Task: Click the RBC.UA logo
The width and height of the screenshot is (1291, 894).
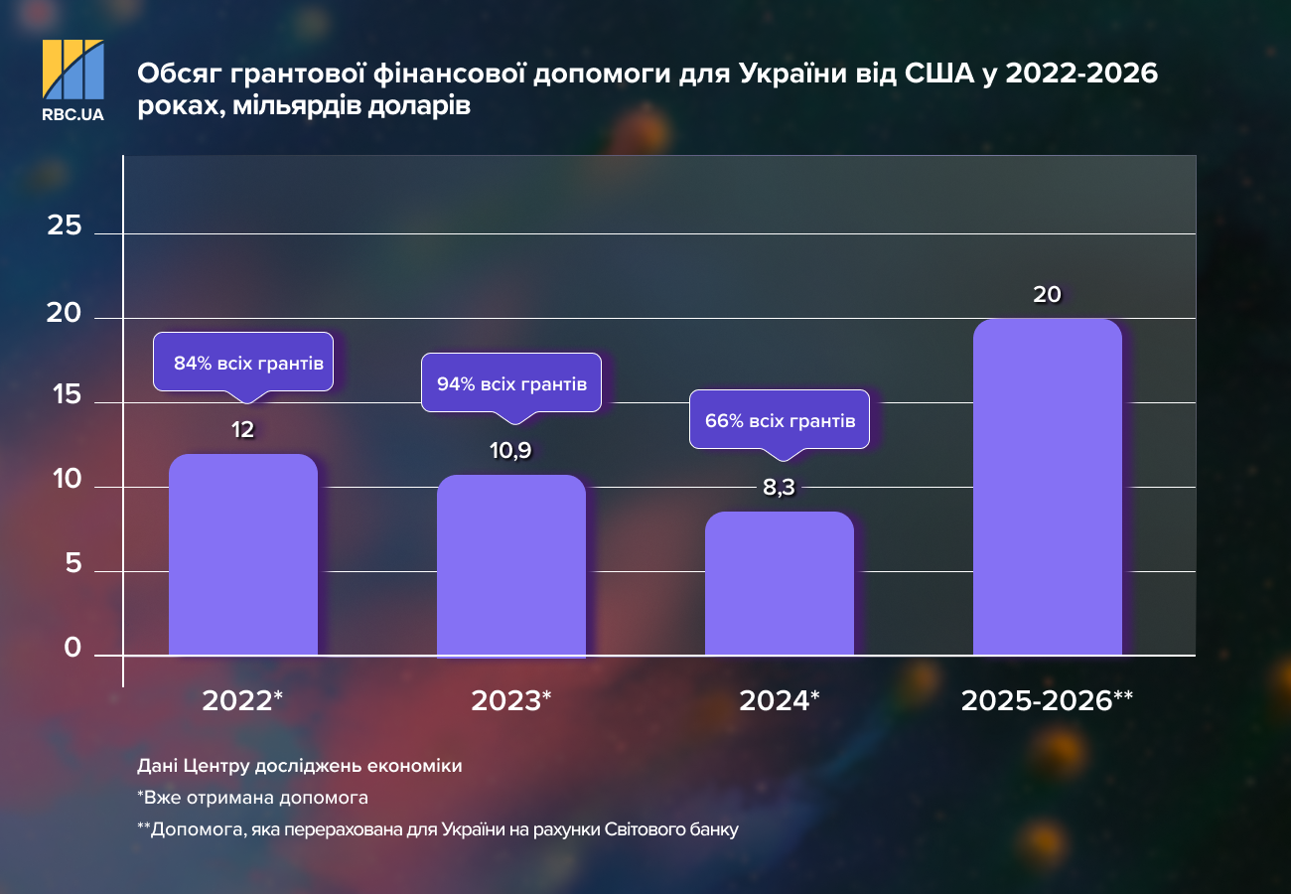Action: click(x=72, y=80)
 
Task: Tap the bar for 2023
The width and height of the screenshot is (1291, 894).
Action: click(x=511, y=565)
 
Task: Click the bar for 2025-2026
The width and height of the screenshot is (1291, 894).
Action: click(x=1048, y=487)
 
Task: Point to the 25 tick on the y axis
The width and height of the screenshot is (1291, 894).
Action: click(x=65, y=226)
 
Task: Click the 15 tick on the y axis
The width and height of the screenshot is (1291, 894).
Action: click(x=65, y=395)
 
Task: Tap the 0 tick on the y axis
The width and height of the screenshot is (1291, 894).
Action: click(x=72, y=648)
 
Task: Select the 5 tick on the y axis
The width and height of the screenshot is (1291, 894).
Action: click(x=72, y=564)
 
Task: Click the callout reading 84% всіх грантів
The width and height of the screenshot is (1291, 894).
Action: click(x=243, y=363)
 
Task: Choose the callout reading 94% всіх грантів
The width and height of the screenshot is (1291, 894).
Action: click(x=511, y=383)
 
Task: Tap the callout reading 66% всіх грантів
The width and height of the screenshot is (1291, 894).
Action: click(x=780, y=420)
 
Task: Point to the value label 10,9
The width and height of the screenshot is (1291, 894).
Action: click(x=511, y=451)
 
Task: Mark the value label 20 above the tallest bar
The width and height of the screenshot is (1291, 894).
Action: click(x=1048, y=294)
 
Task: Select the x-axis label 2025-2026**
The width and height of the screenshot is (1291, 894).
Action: click(x=1048, y=700)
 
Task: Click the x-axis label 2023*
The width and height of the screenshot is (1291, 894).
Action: click(x=511, y=700)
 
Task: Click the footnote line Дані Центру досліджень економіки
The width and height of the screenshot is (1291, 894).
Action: click(x=300, y=766)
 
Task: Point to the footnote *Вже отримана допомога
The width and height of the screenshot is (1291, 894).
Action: click(x=253, y=797)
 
